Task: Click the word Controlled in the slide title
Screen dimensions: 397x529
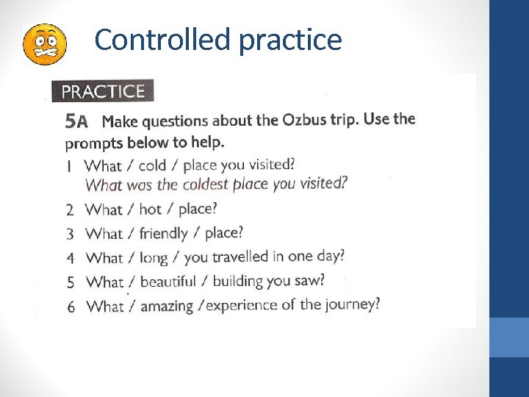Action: tap(162, 40)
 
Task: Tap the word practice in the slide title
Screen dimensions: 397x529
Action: tap(289, 40)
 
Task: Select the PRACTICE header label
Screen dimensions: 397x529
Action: tap(103, 91)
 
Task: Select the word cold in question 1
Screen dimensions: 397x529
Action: tap(152, 165)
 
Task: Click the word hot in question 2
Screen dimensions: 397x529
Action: tap(150, 210)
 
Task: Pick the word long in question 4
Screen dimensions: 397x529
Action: tap(154, 258)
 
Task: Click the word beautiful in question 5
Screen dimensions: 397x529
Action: tap(168, 282)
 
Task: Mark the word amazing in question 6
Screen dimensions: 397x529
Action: tap(166, 306)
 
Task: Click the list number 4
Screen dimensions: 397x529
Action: tap(71, 258)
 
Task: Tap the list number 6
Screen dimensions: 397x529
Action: tap(71, 307)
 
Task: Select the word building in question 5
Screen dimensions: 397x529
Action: tap(240, 281)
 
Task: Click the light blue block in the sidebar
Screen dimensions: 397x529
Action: tap(508, 337)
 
